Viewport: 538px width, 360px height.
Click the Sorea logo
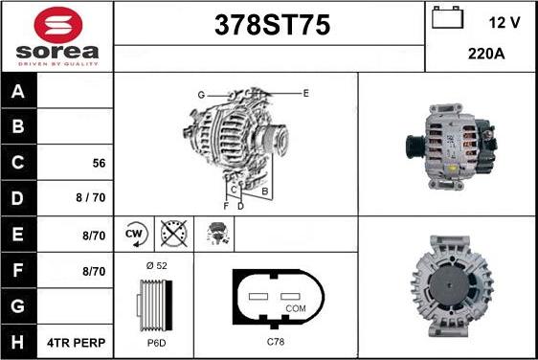click(56, 35)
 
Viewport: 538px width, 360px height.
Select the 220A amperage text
click(486, 55)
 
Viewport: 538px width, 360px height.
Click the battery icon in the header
click(446, 19)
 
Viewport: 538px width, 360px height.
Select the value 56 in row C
click(98, 163)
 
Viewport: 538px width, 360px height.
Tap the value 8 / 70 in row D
click(92, 198)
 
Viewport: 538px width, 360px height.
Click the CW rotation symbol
click(135, 232)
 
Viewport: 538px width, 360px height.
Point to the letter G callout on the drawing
click(201, 95)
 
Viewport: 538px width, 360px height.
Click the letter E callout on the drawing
click(305, 93)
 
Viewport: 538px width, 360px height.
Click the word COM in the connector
click(295, 308)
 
